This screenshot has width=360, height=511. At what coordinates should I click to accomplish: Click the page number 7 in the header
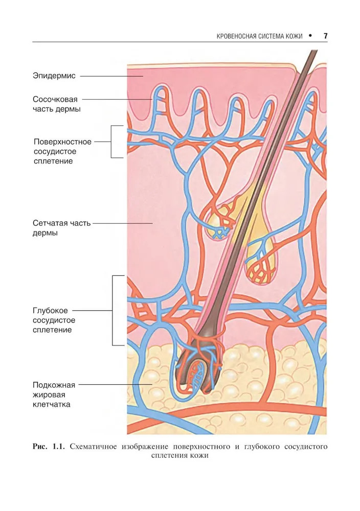(325, 36)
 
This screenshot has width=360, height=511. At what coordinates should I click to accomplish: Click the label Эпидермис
(54, 76)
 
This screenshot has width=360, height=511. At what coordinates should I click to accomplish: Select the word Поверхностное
(62, 142)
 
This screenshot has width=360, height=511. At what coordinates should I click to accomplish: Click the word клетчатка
(51, 404)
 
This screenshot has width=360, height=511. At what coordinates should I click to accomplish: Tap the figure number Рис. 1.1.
(49, 447)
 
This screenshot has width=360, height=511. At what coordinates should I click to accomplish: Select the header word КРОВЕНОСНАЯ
(237, 36)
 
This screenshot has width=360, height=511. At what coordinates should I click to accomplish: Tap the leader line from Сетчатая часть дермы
(123, 223)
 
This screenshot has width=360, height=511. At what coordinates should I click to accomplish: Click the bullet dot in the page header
(309, 36)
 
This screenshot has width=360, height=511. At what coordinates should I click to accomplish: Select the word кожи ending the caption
(200, 456)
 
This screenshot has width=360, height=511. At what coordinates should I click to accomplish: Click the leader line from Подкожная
(115, 385)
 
